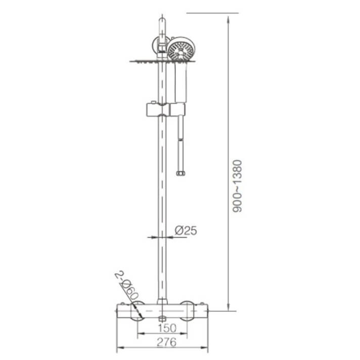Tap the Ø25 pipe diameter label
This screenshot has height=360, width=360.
point(185,231)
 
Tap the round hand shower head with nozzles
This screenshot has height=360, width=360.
point(181,50)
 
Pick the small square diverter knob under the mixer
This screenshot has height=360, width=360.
point(162,319)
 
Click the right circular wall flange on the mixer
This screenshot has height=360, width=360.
point(187,311)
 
